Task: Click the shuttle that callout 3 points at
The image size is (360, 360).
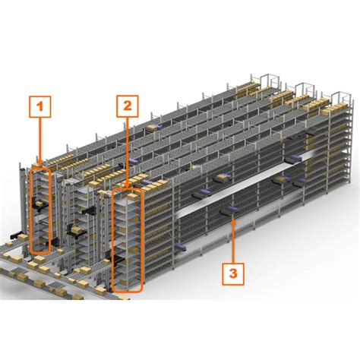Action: click(228, 213)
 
